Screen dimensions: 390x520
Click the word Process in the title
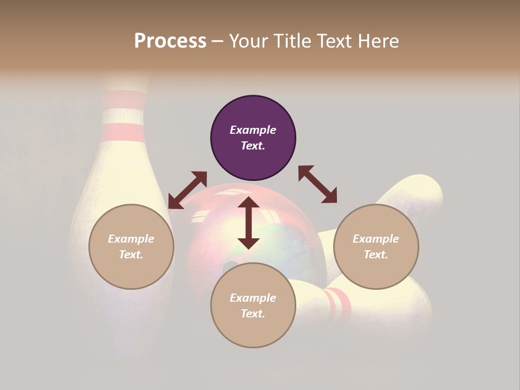click(x=170, y=41)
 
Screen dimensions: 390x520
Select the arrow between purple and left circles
click(x=187, y=190)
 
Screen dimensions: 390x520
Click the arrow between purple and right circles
click(x=317, y=184)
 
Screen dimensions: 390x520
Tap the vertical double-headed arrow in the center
click(x=249, y=223)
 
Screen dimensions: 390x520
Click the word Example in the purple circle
click(x=253, y=130)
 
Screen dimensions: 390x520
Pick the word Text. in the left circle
click(x=131, y=255)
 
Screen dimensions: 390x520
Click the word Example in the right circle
click(x=376, y=239)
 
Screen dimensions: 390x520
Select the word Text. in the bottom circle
click(x=253, y=314)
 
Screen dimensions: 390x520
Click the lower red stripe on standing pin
click(x=124, y=132)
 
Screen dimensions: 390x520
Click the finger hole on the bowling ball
click(x=230, y=268)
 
